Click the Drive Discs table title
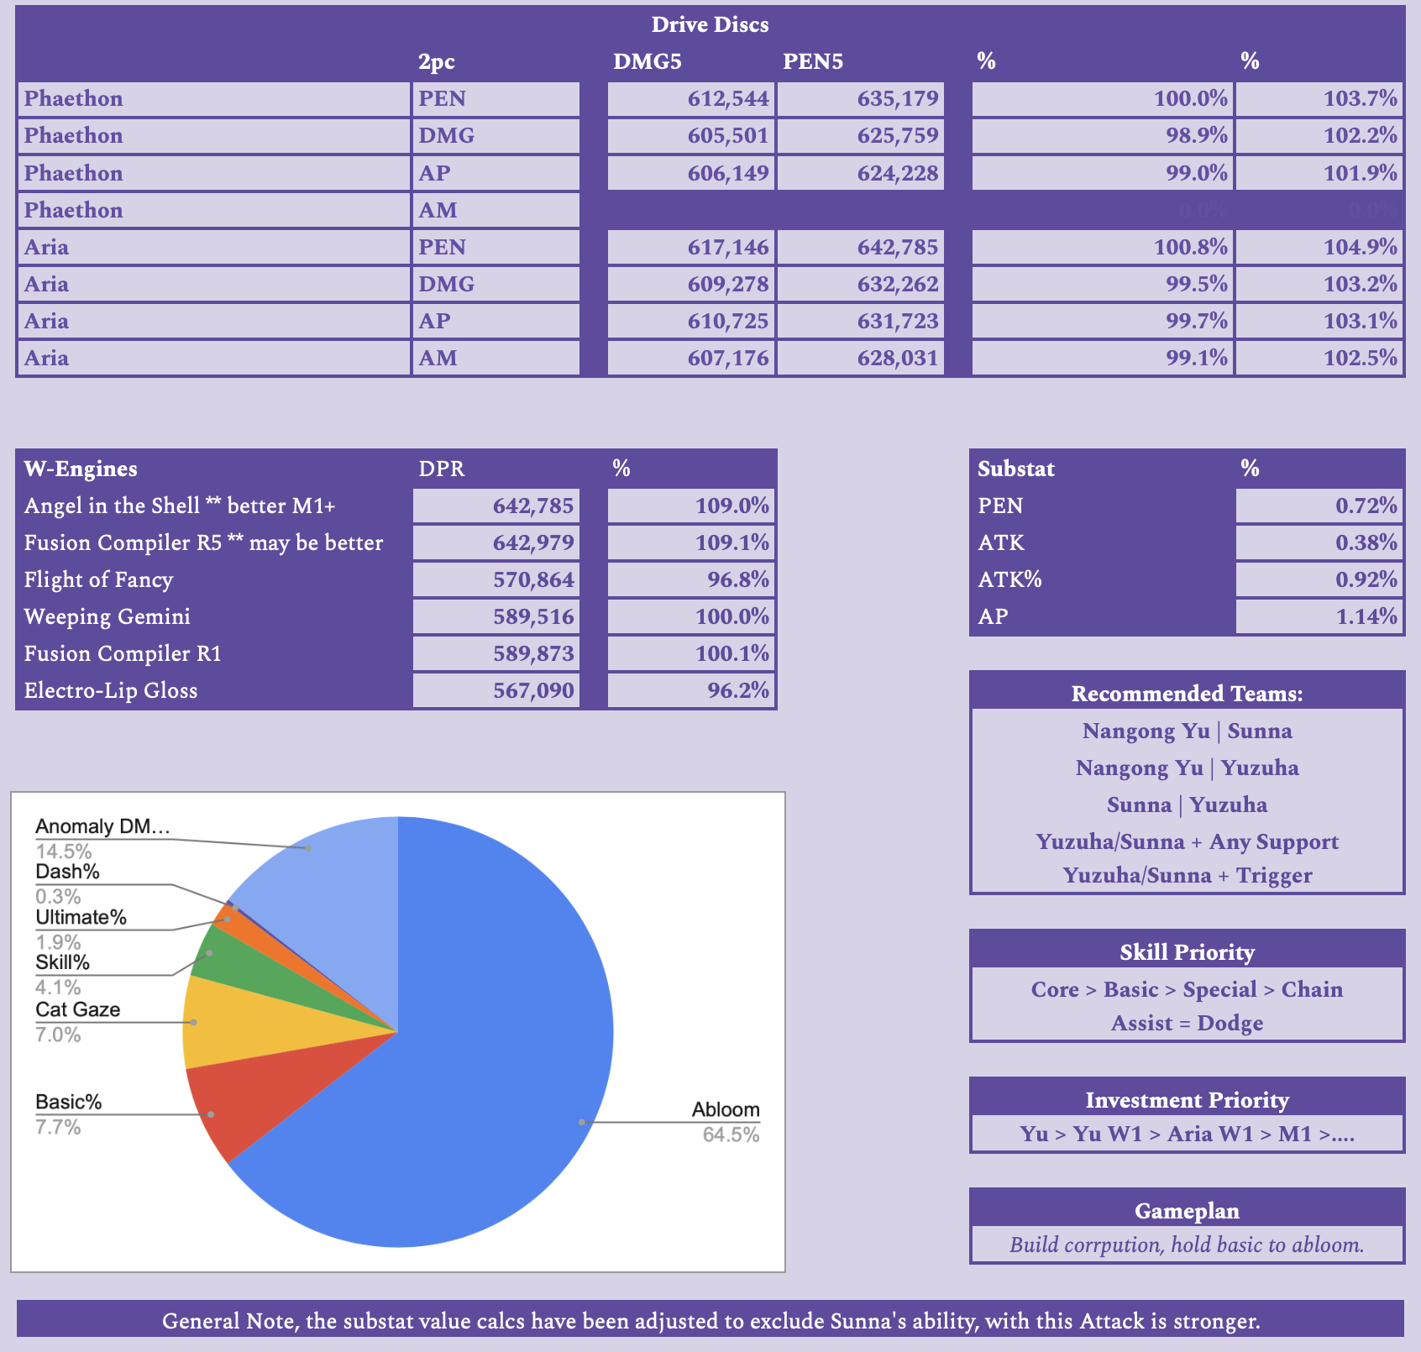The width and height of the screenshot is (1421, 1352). coord(710,24)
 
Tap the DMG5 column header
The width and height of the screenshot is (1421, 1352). coord(647,61)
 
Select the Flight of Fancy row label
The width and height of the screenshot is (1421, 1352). coord(98,579)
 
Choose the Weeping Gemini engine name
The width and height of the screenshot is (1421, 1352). coord(107,616)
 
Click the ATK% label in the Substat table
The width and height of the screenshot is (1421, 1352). coord(1009,579)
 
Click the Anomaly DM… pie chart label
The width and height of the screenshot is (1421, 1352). coord(102,826)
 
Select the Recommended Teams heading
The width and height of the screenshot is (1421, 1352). coord(1187,694)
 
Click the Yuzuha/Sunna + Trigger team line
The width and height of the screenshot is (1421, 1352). coord(1187,875)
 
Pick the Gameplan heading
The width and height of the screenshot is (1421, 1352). coord(1187,1211)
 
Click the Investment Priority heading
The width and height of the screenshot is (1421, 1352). coord(1187,1100)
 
